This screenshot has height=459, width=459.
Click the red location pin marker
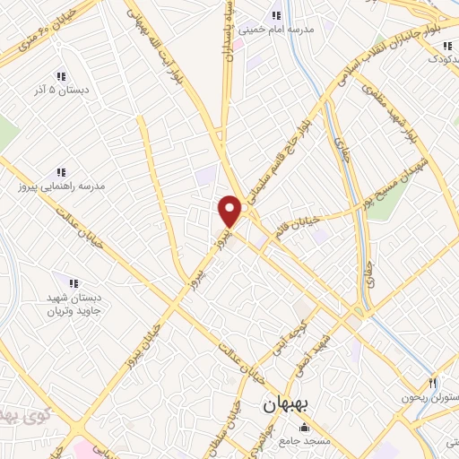pyautogui.click(x=230, y=212)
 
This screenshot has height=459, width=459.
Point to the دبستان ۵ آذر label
pyautogui.click(x=59, y=91)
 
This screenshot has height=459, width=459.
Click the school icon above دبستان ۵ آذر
pyautogui.click(x=60, y=76)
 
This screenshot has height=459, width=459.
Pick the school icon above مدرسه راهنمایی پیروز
pyautogui.click(x=61, y=171)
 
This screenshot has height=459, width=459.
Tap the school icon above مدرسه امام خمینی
pyautogui.click(x=275, y=15)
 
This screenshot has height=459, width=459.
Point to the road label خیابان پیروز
pyautogui.click(x=155, y=330)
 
